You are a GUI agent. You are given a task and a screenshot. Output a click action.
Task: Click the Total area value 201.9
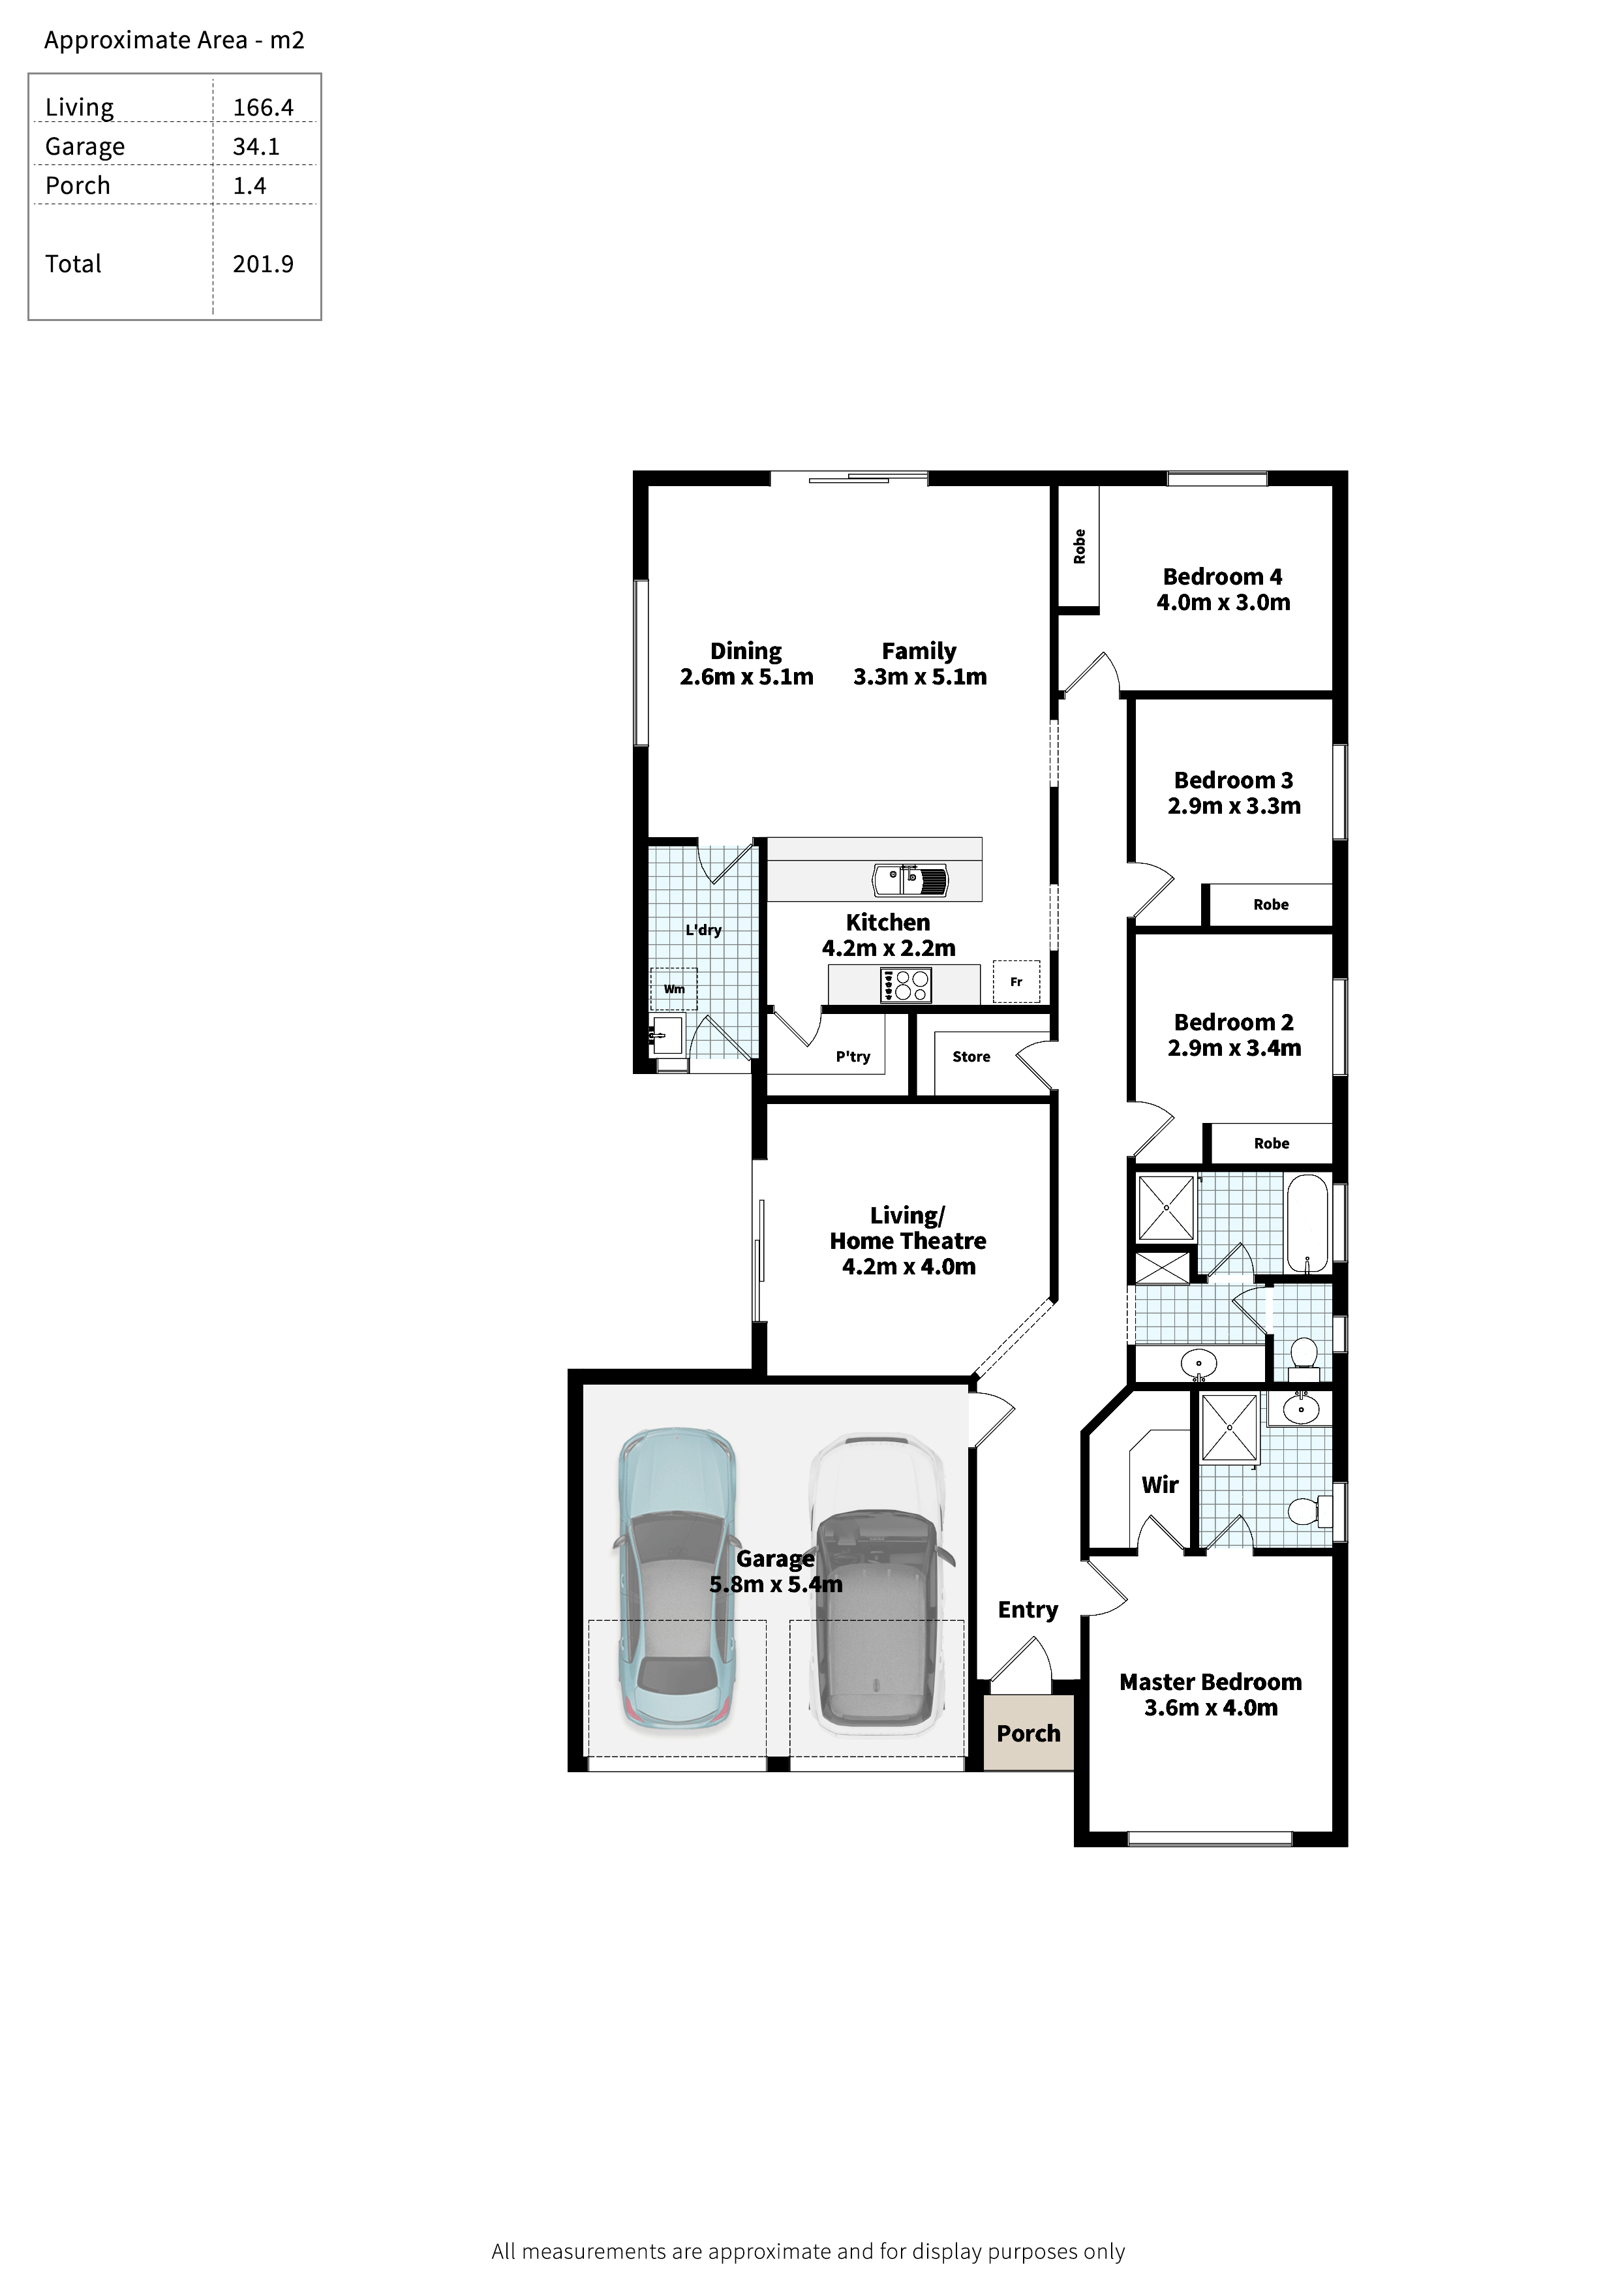click(x=263, y=264)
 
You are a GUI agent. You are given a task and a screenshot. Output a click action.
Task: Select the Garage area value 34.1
click(x=256, y=147)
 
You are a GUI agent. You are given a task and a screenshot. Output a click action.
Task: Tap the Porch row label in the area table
click(x=78, y=185)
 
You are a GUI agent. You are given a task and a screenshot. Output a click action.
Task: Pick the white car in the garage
click(x=878, y=1585)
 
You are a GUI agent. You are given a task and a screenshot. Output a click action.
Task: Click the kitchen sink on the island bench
click(x=909, y=880)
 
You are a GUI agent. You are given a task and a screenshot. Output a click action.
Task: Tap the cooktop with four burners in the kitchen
click(x=905, y=985)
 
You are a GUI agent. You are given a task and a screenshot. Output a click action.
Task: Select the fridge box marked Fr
click(x=1016, y=982)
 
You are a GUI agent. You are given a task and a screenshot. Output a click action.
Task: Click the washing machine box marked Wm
click(x=674, y=989)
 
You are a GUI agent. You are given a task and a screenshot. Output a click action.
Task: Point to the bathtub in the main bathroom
click(x=1307, y=1223)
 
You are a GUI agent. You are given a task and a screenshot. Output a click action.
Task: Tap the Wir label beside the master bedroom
click(x=1159, y=1484)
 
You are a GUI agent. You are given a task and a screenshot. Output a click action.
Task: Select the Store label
click(x=971, y=1057)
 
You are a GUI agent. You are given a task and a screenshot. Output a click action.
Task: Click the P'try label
click(x=853, y=1057)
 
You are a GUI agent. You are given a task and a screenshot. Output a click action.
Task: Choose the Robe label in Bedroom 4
click(x=1078, y=546)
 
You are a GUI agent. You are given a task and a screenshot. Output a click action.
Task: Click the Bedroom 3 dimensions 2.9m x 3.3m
click(x=1234, y=806)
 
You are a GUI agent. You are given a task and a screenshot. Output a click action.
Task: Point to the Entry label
click(x=1028, y=1609)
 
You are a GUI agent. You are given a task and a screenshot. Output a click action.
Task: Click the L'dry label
click(x=703, y=930)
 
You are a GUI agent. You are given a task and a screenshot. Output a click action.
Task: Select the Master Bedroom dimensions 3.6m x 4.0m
click(x=1210, y=1708)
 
